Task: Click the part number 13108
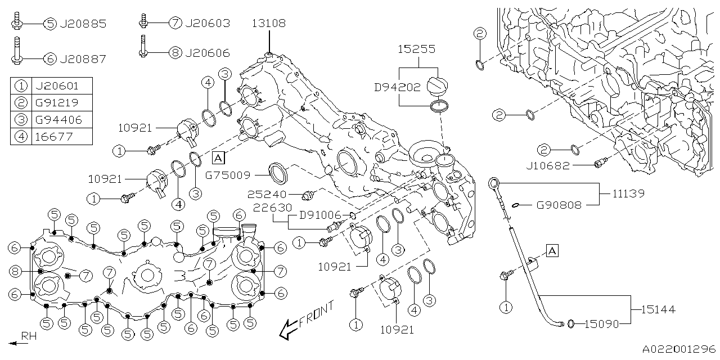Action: click(268, 24)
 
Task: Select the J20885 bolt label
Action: click(83, 24)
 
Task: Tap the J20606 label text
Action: click(207, 53)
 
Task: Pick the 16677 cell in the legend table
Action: click(55, 136)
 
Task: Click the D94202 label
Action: click(397, 88)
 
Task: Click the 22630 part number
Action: click(272, 208)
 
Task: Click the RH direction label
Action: click(29, 336)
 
